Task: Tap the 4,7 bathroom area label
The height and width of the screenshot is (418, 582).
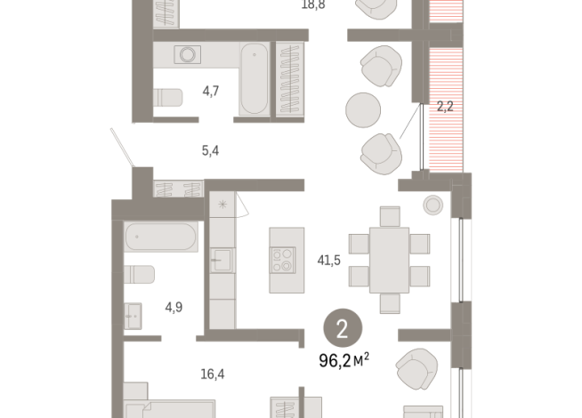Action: [211, 90]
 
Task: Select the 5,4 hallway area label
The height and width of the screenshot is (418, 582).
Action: [210, 150]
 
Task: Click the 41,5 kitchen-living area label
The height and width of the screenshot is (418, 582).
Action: [330, 261]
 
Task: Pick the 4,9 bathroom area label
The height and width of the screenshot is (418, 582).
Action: [174, 307]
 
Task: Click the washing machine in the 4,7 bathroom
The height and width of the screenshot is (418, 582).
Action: [188, 55]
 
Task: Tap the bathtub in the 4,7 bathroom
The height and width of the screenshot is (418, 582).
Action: [253, 79]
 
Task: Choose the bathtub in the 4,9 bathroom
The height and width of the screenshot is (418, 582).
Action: [162, 238]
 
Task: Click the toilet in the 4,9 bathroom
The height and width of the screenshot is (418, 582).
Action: [141, 274]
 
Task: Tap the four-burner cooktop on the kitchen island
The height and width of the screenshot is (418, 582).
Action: [283, 259]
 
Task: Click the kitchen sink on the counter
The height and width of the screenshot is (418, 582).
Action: [222, 262]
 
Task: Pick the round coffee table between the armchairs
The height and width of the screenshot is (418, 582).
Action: [364, 110]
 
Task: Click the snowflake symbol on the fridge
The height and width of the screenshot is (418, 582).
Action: [222, 205]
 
